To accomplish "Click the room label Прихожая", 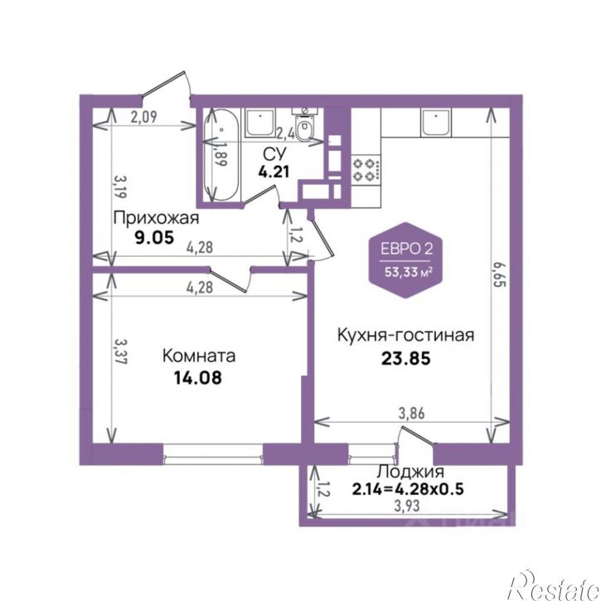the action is pyautogui.click(x=156, y=218).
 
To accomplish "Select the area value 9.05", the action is pyautogui.click(x=154, y=238).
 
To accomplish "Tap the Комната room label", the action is pyautogui.click(x=199, y=356).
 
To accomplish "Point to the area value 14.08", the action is pyautogui.click(x=198, y=378).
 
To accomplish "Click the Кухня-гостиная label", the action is pyautogui.click(x=405, y=335).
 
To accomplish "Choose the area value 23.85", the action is pyautogui.click(x=406, y=359).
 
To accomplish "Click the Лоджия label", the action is pyautogui.click(x=410, y=472).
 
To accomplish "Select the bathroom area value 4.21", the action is pyautogui.click(x=274, y=172).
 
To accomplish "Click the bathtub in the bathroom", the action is pyautogui.click(x=221, y=154).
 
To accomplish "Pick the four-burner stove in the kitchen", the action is pyautogui.click(x=366, y=169).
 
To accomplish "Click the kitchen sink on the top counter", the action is pyautogui.click(x=435, y=122).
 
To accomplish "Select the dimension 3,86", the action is pyautogui.click(x=412, y=414).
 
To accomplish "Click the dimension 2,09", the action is pyautogui.click(x=144, y=117).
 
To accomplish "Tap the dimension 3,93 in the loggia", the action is pyautogui.click(x=407, y=506).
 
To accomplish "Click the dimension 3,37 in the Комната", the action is pyautogui.click(x=121, y=351).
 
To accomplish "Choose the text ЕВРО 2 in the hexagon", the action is pyautogui.click(x=407, y=249).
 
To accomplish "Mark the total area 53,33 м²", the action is pyautogui.click(x=409, y=273).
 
